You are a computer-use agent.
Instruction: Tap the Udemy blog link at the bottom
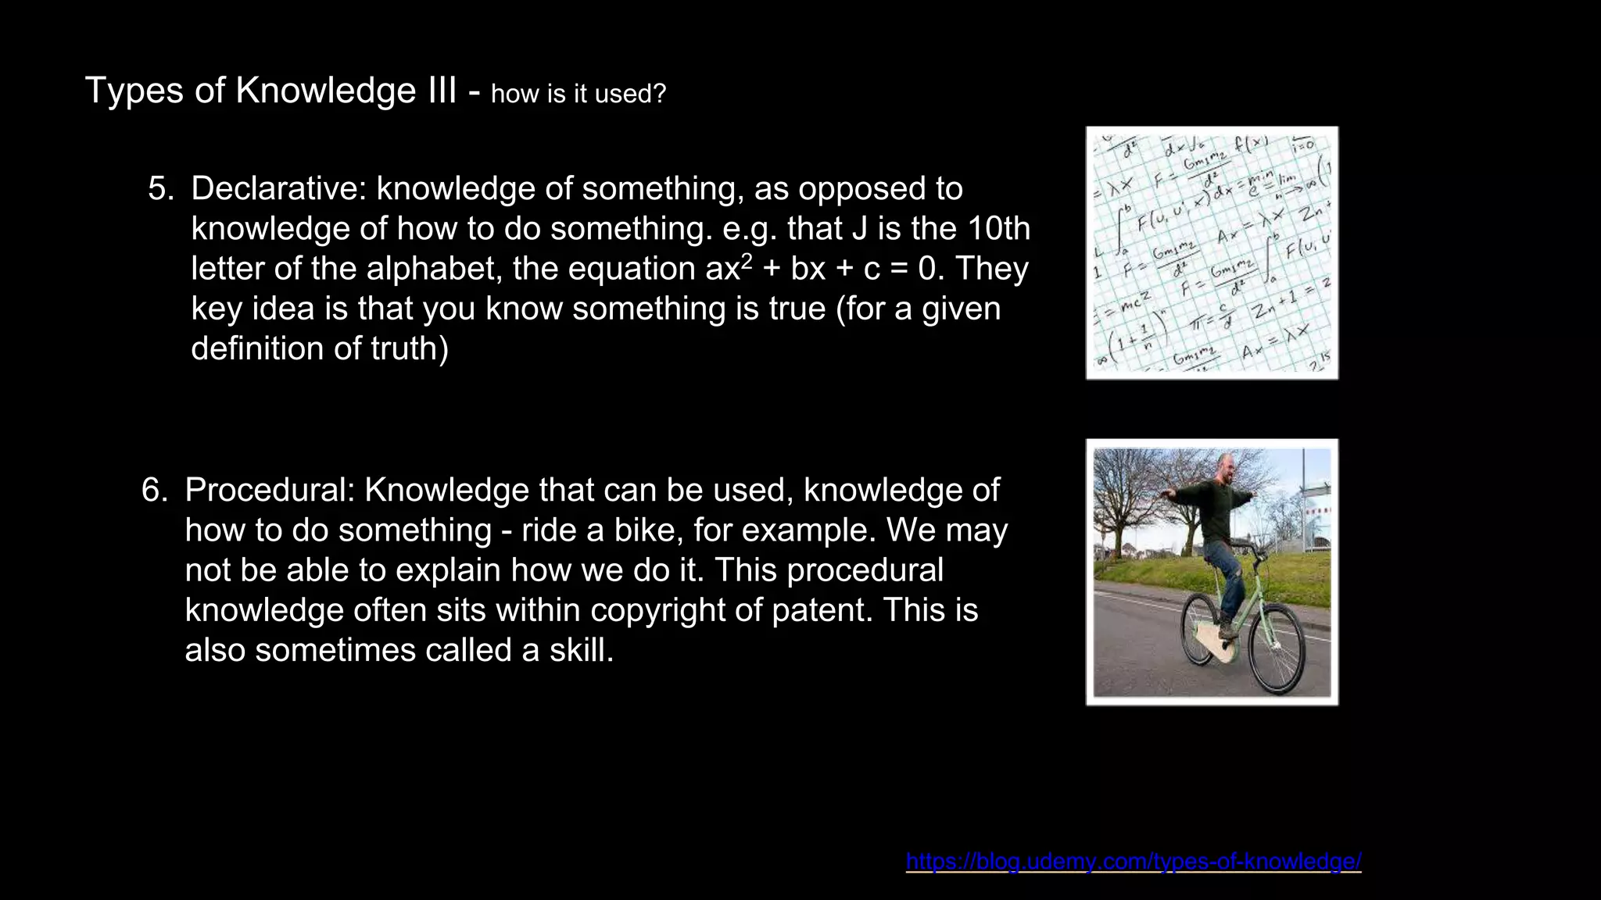click(1133, 861)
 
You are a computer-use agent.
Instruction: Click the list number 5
click(161, 188)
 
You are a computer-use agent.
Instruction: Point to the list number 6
click(155, 490)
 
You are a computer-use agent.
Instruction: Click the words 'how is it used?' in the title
click(578, 94)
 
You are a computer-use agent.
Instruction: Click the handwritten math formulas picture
click(1212, 253)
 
